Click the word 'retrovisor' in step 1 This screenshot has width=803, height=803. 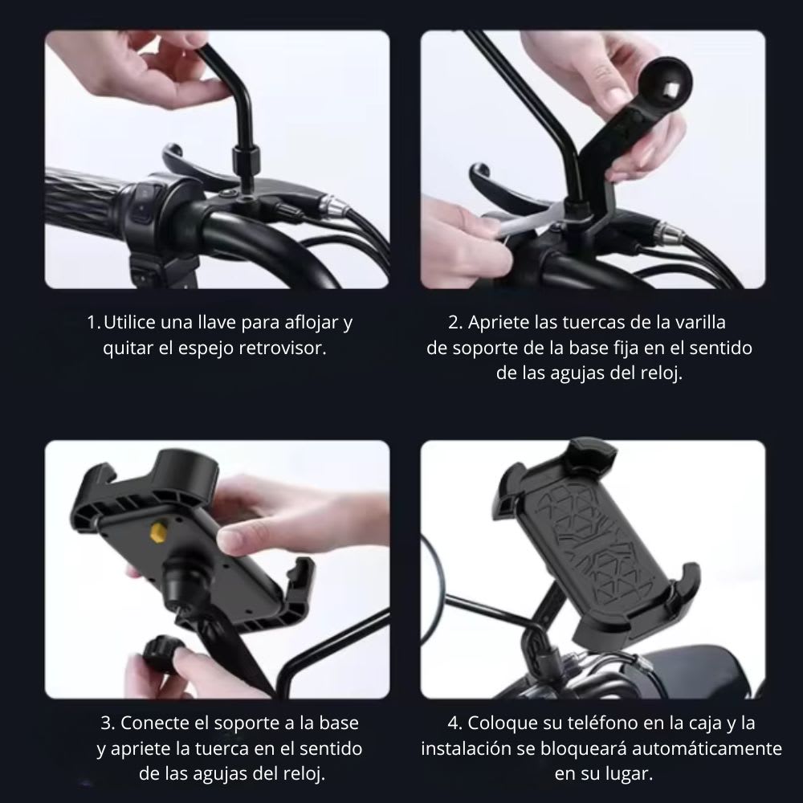(290, 349)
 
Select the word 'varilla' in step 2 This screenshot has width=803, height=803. (698, 323)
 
